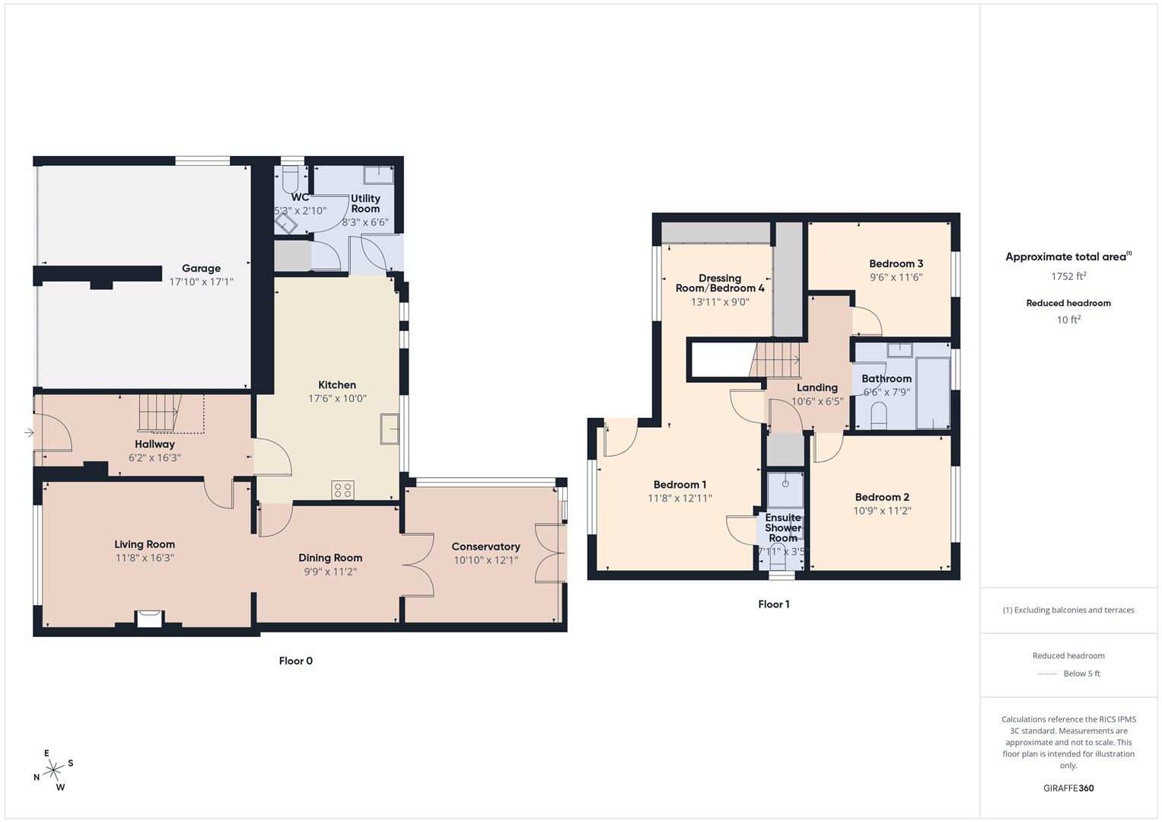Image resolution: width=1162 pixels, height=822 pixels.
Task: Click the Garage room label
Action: pyautogui.click(x=201, y=268)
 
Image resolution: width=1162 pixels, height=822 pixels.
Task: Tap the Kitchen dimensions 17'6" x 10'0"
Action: pyautogui.click(x=337, y=398)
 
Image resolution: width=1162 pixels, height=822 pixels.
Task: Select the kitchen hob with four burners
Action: pyautogui.click(x=342, y=490)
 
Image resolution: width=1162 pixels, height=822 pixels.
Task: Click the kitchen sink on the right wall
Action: pyautogui.click(x=390, y=429)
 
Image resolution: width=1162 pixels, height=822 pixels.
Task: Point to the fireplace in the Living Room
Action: pyautogui.click(x=149, y=619)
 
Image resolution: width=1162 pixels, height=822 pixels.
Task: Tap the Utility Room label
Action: pyautogui.click(x=365, y=203)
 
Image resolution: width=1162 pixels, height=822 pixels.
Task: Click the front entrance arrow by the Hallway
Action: pyautogui.click(x=29, y=433)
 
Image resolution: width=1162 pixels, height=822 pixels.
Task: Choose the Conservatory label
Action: pyautogui.click(x=485, y=546)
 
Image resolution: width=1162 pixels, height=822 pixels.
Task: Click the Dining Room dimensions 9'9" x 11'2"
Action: pyautogui.click(x=330, y=572)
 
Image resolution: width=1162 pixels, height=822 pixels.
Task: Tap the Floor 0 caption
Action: pyautogui.click(x=295, y=661)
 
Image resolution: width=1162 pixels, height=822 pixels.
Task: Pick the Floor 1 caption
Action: pyautogui.click(x=773, y=604)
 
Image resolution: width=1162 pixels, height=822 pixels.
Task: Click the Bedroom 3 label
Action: pyautogui.click(x=896, y=263)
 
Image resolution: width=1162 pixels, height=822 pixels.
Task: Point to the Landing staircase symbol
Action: pyautogui.click(x=777, y=359)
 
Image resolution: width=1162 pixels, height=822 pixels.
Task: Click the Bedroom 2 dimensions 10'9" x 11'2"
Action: pyautogui.click(x=882, y=511)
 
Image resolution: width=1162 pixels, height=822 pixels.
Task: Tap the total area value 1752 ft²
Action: pyautogui.click(x=1068, y=276)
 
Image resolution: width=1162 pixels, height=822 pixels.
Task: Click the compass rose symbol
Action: pyautogui.click(x=53, y=770)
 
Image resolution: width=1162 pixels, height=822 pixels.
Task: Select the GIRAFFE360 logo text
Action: pyautogui.click(x=1068, y=788)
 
